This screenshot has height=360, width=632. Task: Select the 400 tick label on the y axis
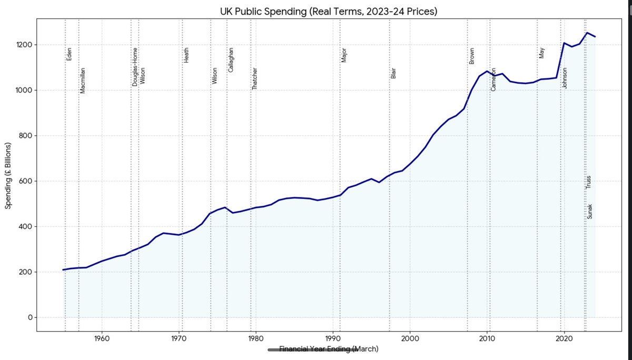pyautogui.click(x=26, y=227)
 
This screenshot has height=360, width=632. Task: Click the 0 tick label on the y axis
pyautogui.click(x=30, y=317)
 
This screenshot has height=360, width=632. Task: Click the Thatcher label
pyautogui.click(x=255, y=78)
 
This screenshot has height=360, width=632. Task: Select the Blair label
pyautogui.click(x=393, y=73)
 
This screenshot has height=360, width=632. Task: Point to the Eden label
pyautogui.click(x=68, y=54)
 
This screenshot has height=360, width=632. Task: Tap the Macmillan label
pyautogui.click(x=82, y=81)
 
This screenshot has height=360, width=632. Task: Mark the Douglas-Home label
pyautogui.click(x=135, y=67)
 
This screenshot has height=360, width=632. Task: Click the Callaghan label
pyautogui.click(x=231, y=60)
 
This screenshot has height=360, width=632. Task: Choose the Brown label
pyautogui.click(x=472, y=56)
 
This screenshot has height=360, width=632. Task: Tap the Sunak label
pyautogui.click(x=589, y=212)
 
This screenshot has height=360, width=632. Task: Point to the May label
pyautogui.click(x=541, y=53)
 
